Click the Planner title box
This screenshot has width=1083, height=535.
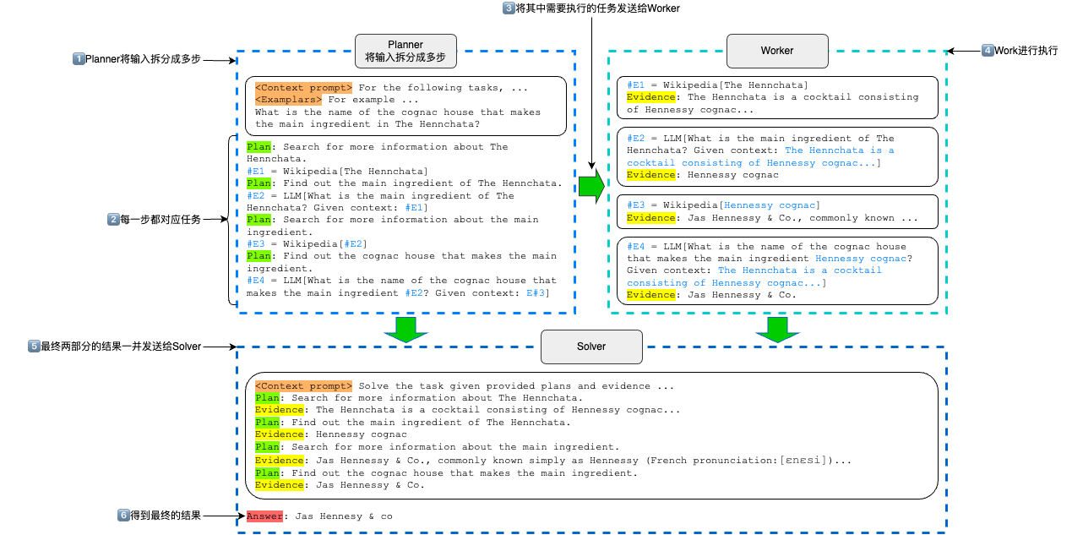click(405, 51)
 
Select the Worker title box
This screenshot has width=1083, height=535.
click(777, 51)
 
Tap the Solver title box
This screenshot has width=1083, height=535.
click(591, 347)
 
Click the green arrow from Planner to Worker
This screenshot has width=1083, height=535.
click(591, 186)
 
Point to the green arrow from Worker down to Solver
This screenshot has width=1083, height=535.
click(777, 330)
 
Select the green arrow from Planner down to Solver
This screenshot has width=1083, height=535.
click(406, 330)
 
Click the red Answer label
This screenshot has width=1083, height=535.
click(264, 516)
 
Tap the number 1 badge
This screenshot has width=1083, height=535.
click(79, 58)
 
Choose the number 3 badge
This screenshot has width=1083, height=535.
click(509, 8)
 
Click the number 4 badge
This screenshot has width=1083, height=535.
click(988, 50)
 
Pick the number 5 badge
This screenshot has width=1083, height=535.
click(34, 346)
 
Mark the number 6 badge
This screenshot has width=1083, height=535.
click(123, 515)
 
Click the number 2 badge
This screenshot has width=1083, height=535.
click(113, 219)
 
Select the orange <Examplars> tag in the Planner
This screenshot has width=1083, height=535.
click(288, 100)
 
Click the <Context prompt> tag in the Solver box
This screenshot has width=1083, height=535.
click(303, 386)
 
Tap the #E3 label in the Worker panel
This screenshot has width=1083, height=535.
click(635, 205)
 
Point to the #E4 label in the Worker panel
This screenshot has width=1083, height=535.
click(635, 247)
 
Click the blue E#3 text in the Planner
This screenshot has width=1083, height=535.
click(535, 293)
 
